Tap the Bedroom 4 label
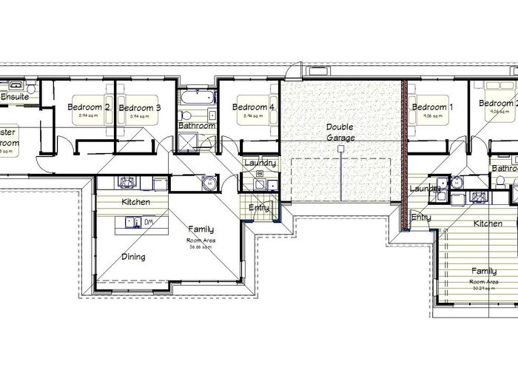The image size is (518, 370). pyautogui.click(x=253, y=107)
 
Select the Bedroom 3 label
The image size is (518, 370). pyautogui.click(x=139, y=108)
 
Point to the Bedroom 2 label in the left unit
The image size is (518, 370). pyautogui.click(x=89, y=107)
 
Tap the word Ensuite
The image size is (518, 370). pyautogui.click(x=15, y=96)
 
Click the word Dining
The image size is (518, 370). pyautogui.click(x=133, y=257)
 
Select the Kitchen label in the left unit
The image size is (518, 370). pyautogui.click(x=136, y=202)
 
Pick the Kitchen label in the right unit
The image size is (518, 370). pyautogui.click(x=488, y=223)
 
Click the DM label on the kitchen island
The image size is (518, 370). pyautogui.click(x=148, y=221)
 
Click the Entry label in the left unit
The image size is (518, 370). pyautogui.click(x=259, y=208)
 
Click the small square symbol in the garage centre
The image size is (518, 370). pyautogui.click(x=340, y=149)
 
